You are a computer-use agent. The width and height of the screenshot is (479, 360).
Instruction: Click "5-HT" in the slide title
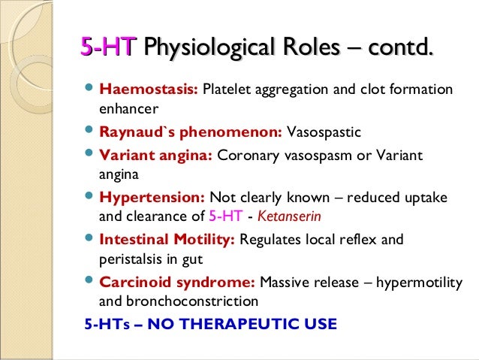108,50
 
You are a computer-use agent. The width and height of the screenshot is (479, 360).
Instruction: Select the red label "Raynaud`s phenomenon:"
191,133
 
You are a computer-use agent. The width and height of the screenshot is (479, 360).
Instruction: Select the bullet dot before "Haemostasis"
88,90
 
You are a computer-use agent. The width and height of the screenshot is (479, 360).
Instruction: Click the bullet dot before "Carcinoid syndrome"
88,283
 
